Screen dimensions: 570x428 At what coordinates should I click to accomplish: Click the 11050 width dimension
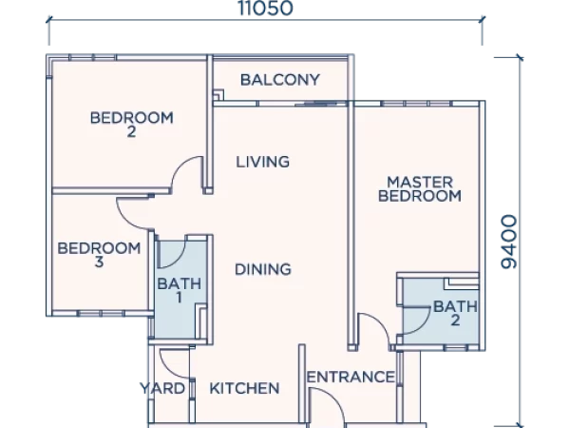tap(265, 8)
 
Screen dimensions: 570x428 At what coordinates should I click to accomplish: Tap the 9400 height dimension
tap(509, 242)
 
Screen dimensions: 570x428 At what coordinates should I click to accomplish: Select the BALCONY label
tap(280, 80)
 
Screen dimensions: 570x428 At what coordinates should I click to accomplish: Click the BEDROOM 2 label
tap(132, 124)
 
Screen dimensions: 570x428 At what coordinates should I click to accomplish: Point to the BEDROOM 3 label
tap(99, 255)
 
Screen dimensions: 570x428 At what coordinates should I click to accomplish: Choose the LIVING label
tap(263, 162)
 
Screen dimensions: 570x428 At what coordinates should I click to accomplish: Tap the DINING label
tap(263, 269)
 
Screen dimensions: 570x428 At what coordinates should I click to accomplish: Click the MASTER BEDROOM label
tap(420, 189)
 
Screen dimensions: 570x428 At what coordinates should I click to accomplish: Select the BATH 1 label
tap(180, 290)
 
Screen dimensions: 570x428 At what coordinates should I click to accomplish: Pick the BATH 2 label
tap(455, 313)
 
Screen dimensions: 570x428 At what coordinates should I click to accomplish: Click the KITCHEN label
tap(244, 389)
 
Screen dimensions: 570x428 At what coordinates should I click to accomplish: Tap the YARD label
tap(162, 388)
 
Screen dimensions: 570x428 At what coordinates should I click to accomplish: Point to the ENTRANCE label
tap(351, 377)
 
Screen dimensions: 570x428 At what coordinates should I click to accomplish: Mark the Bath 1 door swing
tap(179, 261)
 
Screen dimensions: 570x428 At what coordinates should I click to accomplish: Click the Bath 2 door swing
tap(423, 325)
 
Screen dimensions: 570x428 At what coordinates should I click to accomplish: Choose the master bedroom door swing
tap(380, 321)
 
